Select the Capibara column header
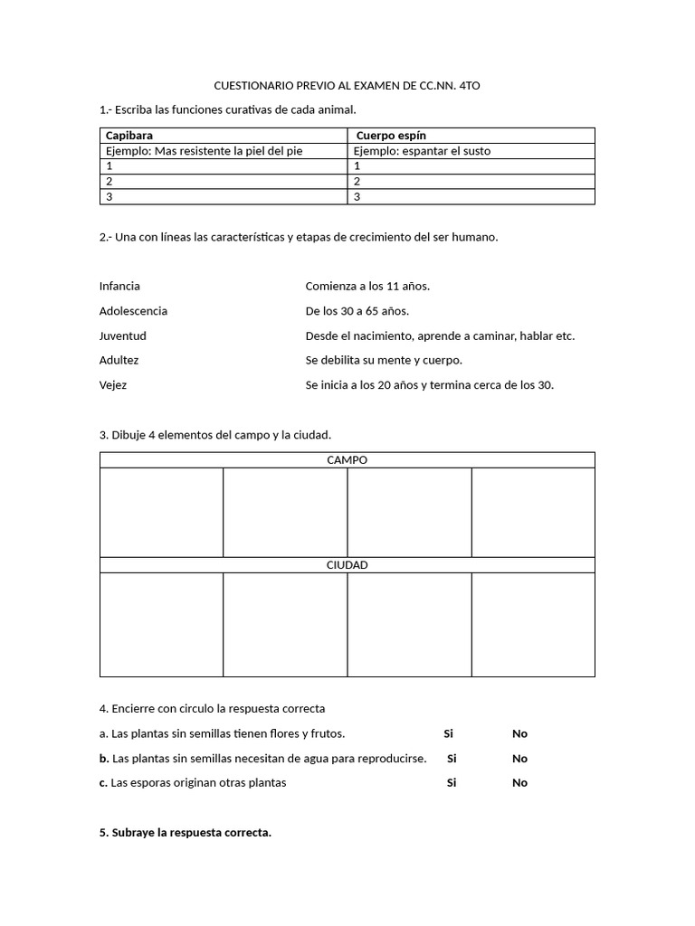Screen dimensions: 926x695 129,136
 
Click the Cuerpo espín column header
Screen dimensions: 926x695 392,136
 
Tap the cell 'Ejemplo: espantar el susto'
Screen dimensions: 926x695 422,151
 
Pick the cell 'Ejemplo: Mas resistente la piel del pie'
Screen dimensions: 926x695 205,151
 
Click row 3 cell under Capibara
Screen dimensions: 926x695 223,196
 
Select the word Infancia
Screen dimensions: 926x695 119,286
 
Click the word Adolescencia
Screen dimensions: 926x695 133,311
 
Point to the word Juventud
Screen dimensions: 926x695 123,335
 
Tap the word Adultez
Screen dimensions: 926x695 119,360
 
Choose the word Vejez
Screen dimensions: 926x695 113,384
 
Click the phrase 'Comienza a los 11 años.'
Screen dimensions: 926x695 367,286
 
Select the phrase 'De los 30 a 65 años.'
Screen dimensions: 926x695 357,311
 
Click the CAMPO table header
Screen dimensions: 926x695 347,460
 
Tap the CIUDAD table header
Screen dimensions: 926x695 347,565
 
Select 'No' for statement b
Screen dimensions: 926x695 519,759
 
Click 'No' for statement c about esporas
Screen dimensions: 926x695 519,783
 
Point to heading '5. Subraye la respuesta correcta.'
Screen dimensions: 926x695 186,832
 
